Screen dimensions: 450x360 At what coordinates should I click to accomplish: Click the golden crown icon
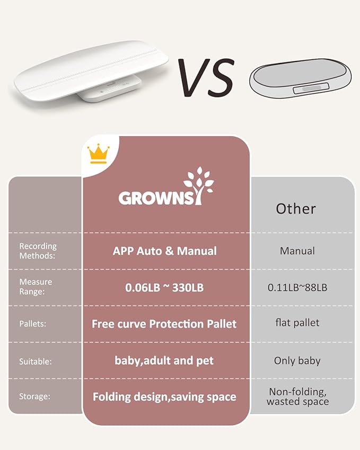(x=98, y=154)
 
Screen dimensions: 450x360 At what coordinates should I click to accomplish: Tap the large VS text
(x=206, y=77)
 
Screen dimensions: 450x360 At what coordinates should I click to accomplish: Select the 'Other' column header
(x=296, y=208)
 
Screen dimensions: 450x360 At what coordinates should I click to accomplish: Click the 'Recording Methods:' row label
(x=38, y=251)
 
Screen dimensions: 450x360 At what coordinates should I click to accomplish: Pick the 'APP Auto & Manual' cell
(x=165, y=251)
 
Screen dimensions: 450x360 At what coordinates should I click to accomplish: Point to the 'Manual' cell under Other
(x=297, y=251)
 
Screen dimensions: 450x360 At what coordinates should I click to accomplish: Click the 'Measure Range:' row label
(x=36, y=287)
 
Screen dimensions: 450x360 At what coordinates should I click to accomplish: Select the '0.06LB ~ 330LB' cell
(x=165, y=288)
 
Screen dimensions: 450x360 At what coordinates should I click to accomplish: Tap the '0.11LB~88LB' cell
(x=297, y=287)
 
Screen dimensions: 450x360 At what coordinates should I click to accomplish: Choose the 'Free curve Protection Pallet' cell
(x=164, y=323)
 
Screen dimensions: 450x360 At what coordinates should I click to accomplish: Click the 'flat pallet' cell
(x=297, y=322)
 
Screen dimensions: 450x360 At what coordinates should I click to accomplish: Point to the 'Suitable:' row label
(x=36, y=361)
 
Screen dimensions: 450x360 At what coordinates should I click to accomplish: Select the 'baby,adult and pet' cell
(x=164, y=361)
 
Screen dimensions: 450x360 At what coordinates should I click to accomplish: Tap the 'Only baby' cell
(x=297, y=360)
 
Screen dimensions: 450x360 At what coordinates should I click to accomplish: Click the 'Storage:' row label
(x=36, y=396)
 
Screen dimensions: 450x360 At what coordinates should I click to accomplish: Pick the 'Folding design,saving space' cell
(x=164, y=396)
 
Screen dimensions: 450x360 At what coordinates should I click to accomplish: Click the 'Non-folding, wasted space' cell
(x=297, y=396)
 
